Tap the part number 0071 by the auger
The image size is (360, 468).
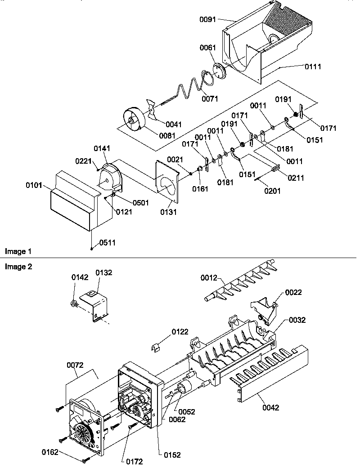pyautogui.click(x=209, y=98)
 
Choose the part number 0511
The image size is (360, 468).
pyautogui.click(x=107, y=243)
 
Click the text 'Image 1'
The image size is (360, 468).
pyautogui.click(x=18, y=251)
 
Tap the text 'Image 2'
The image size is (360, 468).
pyautogui.click(x=18, y=267)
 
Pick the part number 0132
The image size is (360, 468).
pyautogui.click(x=103, y=273)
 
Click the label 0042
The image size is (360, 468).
pyautogui.click(x=270, y=408)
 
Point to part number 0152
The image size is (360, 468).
pyautogui.click(x=171, y=455)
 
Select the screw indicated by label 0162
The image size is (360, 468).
pyautogui.click(x=85, y=459)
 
